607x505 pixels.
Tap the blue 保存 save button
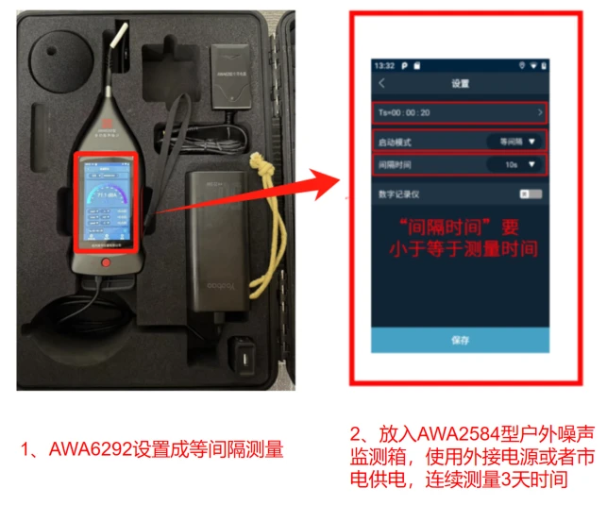tap(459, 339)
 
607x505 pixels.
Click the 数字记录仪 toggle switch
tap(531, 194)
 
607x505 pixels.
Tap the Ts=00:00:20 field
tap(459, 112)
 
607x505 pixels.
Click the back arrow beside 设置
tap(381, 84)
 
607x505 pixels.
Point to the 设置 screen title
tap(460, 84)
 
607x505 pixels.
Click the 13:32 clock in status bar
tap(384, 66)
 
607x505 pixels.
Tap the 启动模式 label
tap(396, 142)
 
